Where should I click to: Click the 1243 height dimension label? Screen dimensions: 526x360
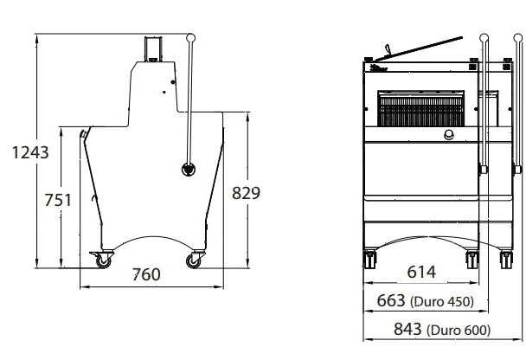coord(30,152)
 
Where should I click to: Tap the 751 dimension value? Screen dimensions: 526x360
coord(58,200)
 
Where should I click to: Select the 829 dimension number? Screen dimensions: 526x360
coord(246,193)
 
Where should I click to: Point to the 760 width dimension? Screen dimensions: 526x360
coord(146,274)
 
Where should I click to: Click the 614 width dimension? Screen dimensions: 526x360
coord(421,272)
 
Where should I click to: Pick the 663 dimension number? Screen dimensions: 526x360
coord(391,300)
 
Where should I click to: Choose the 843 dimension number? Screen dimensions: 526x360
coord(407,329)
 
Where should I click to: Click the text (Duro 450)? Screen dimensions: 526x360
coord(442,302)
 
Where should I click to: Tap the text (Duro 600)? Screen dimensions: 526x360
coord(459,330)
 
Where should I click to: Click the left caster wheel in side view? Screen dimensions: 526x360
coord(103,260)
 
